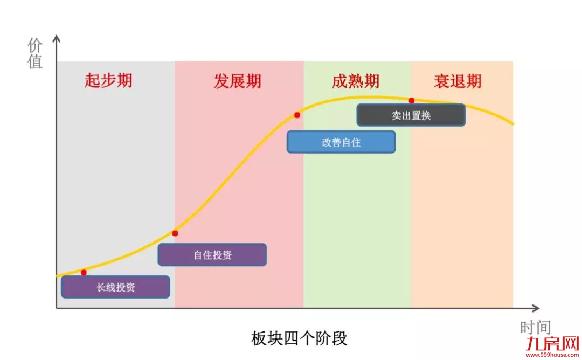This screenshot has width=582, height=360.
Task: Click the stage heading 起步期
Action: (x=108, y=81)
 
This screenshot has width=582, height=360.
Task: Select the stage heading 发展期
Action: (x=238, y=81)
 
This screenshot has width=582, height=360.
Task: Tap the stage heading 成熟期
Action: (x=356, y=81)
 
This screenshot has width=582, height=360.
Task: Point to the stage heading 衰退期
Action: (x=458, y=81)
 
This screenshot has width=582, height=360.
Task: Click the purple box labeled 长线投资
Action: (x=115, y=287)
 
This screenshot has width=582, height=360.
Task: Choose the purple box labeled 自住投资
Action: (x=212, y=255)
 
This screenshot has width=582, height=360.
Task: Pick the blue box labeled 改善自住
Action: (x=341, y=142)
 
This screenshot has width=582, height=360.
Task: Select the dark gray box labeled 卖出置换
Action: (x=411, y=115)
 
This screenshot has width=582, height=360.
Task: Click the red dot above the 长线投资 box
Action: (x=84, y=272)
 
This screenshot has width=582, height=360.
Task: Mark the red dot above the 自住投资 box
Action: (x=175, y=233)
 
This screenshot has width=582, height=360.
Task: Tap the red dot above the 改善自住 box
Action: (x=297, y=115)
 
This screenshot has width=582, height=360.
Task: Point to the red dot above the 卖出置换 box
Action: (x=412, y=100)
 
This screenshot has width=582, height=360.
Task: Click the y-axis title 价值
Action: (x=35, y=54)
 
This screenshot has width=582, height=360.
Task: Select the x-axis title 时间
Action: (x=535, y=327)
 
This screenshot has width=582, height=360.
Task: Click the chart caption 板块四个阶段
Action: (x=299, y=338)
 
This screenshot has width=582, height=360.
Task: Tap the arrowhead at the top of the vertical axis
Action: (x=57, y=38)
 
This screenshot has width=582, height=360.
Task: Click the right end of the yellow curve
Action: (x=512, y=123)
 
